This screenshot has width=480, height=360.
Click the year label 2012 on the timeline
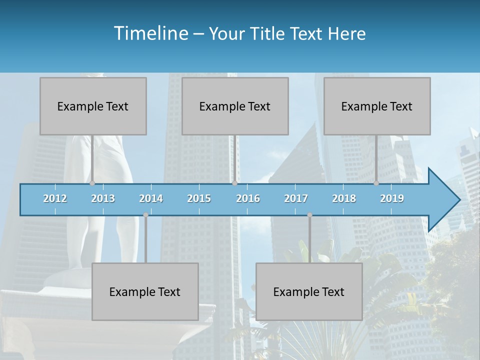[55, 198]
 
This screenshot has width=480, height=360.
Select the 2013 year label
[103, 198]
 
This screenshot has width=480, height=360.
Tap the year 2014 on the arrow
[151, 198]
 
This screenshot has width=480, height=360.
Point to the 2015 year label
[199, 198]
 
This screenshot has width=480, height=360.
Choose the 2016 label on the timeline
[248, 198]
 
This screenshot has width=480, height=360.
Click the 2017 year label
[296, 198]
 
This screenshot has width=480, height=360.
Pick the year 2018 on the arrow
[344, 198]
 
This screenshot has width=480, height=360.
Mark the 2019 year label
[392, 198]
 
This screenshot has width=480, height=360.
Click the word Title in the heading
[269, 34]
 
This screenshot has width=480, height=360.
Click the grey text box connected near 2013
[93, 106]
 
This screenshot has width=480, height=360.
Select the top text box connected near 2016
[235, 106]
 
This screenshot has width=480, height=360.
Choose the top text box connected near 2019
[377, 106]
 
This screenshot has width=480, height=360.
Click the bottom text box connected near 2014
[145, 291]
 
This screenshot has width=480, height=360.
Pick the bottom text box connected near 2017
[309, 291]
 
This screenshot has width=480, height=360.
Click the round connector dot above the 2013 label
[92, 183]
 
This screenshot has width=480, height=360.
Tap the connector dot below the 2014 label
[145, 215]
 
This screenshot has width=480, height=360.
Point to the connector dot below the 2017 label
[309, 215]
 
